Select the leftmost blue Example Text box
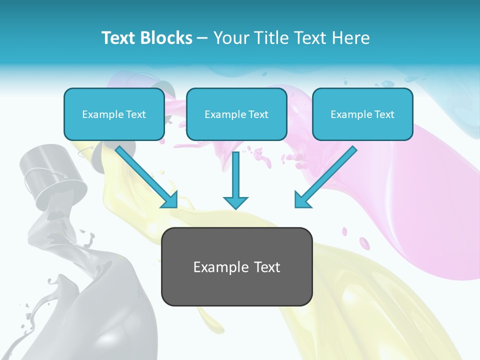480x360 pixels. (x=114, y=114)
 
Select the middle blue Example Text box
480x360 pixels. (x=236, y=114)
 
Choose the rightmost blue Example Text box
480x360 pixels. (x=362, y=114)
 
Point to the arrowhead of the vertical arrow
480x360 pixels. (x=235, y=202)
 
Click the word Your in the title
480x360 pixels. (x=229, y=38)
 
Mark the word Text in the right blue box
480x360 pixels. (x=384, y=114)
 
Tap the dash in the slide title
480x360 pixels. (x=202, y=38)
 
